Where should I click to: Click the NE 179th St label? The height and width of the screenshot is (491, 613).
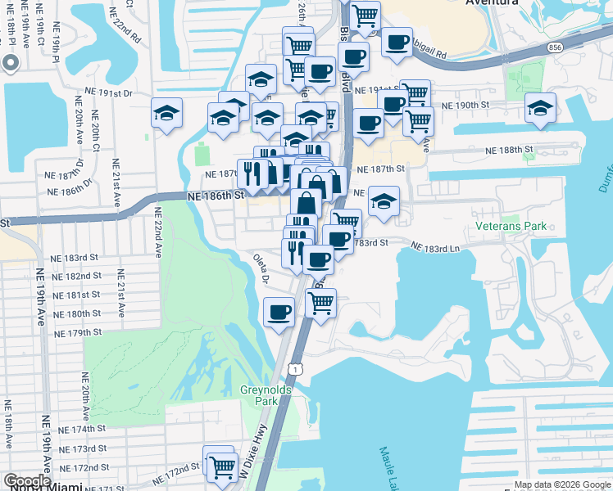coord(78,332)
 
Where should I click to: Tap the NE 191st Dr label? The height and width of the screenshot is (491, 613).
coord(107,93)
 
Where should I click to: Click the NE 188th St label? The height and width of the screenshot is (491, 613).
coord(509,151)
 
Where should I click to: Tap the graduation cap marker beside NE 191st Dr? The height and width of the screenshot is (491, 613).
coord(166,112)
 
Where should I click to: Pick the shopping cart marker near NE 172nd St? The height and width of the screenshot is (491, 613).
coord(221,466)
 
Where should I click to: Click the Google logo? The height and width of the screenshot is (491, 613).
coord(28,482)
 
